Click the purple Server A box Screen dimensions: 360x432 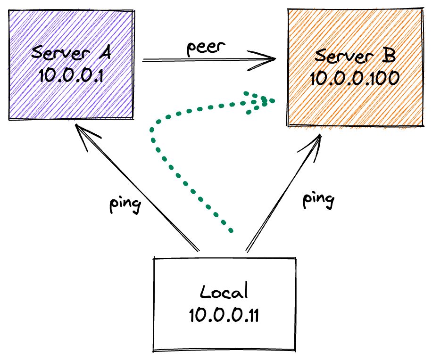click(71, 94)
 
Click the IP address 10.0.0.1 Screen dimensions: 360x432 click(71, 75)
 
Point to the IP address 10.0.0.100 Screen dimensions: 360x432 click(354, 77)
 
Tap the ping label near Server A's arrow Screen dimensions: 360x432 click(125, 205)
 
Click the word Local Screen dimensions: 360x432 click(224, 292)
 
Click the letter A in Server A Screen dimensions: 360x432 click(104, 51)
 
